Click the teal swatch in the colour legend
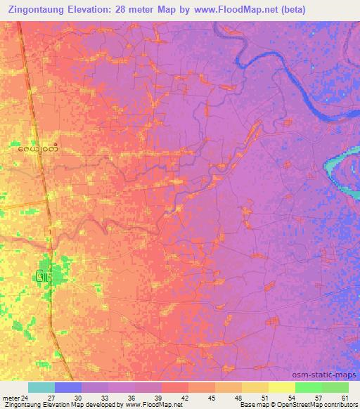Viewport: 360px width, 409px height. [41, 387]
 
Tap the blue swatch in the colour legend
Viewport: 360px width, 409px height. [68, 387]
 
